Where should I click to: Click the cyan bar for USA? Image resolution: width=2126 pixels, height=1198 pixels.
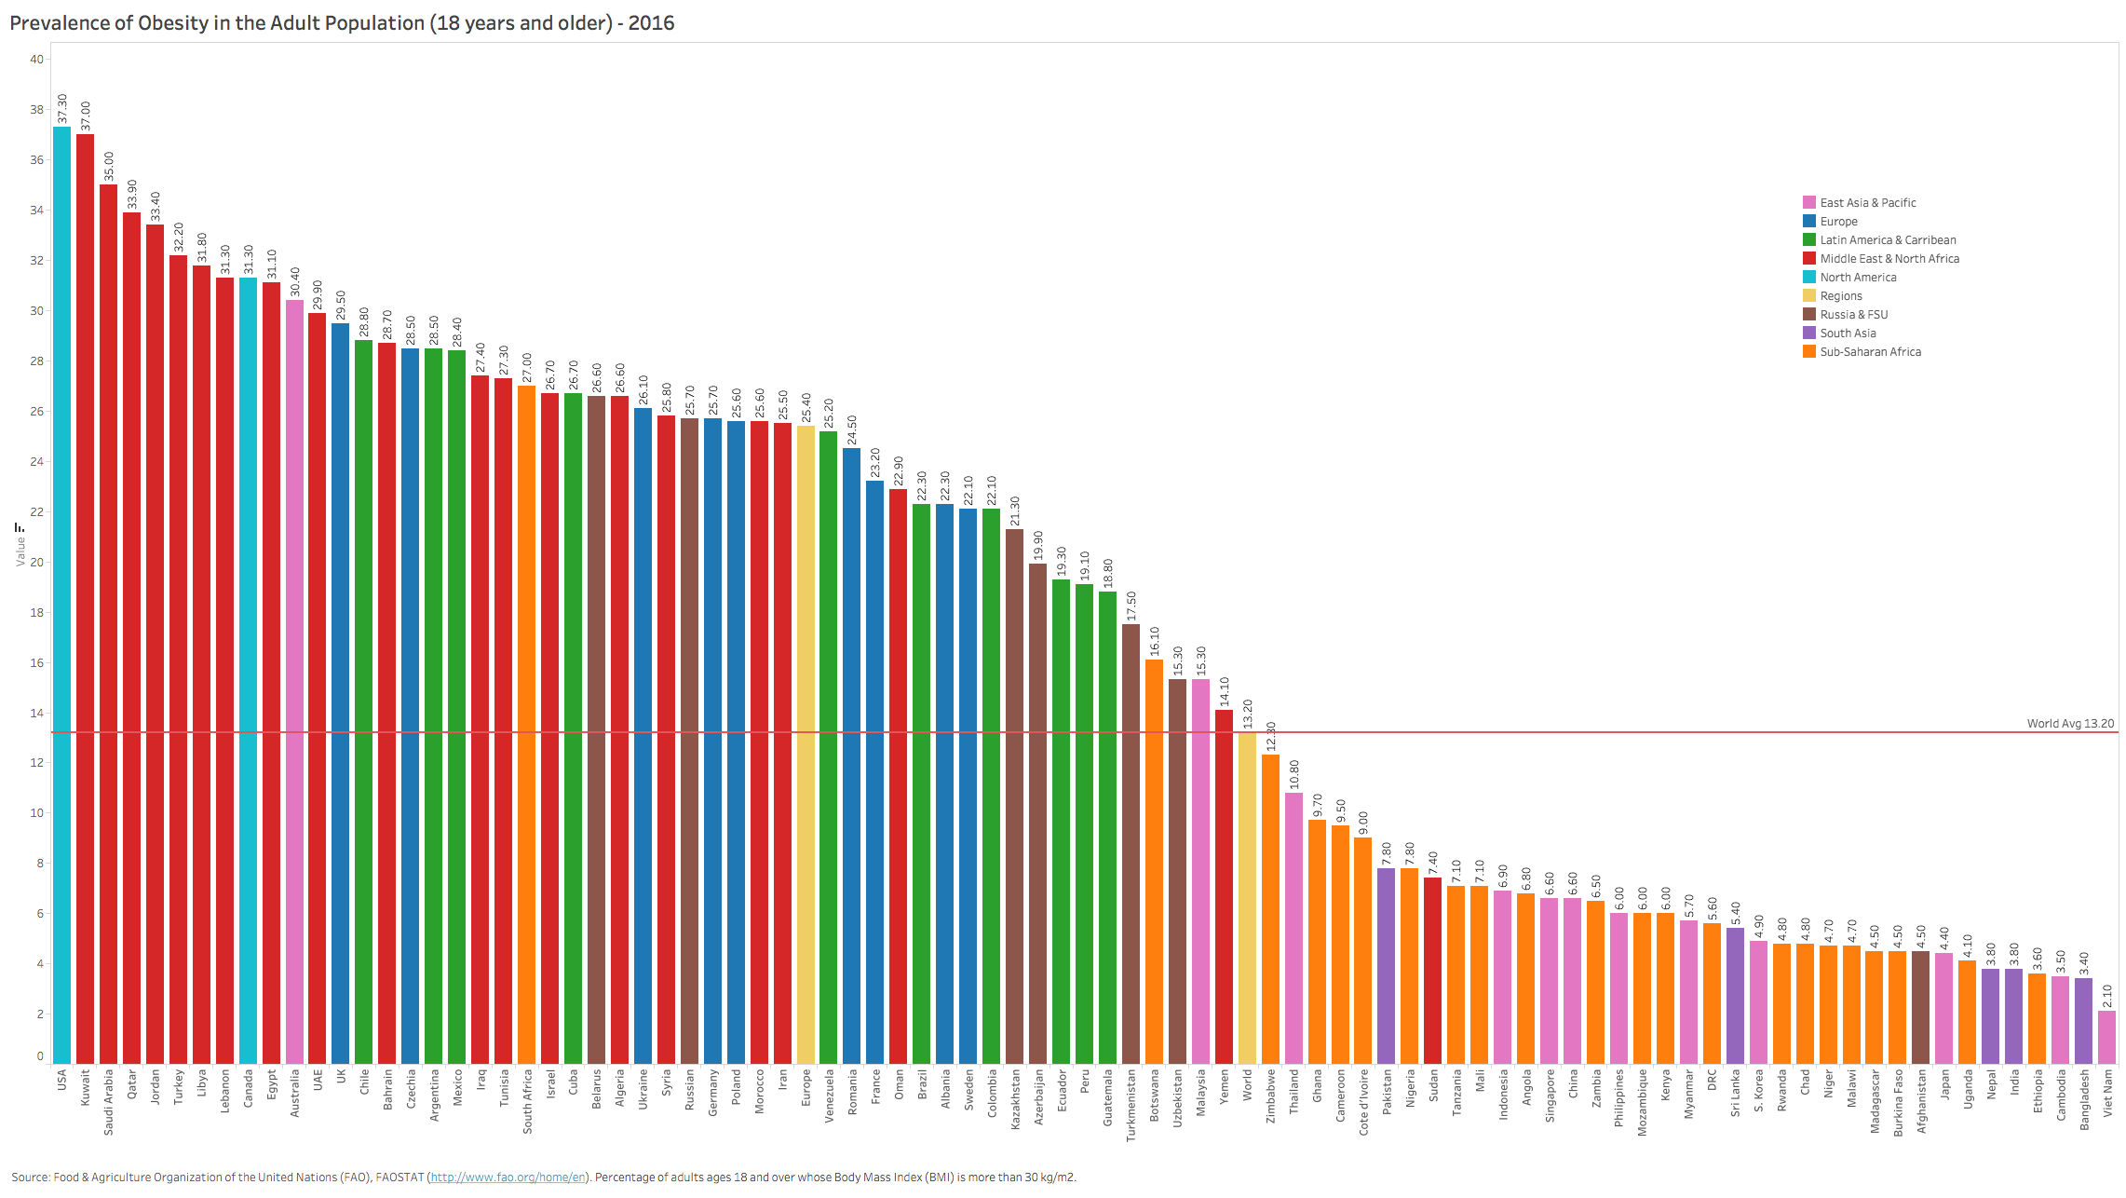click(x=61, y=596)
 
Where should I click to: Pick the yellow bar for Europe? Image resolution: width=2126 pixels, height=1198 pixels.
click(x=806, y=745)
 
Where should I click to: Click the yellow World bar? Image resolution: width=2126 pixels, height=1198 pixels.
click(x=1247, y=898)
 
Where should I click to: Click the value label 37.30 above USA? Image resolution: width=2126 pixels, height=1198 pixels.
click(x=62, y=108)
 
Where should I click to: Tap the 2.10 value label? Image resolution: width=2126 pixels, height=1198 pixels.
click(x=2106, y=996)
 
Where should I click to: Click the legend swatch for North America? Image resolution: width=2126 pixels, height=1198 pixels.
click(x=1808, y=277)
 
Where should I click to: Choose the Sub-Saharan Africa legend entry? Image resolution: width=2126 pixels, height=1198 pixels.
click(x=1870, y=351)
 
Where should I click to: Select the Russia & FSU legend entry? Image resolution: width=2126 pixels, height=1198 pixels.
click(x=1853, y=314)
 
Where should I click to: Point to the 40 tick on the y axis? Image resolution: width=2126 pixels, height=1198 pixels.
click(x=37, y=60)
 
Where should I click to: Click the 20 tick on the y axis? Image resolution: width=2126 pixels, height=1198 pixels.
click(x=37, y=562)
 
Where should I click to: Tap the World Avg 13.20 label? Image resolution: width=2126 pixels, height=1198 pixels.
click(x=2070, y=723)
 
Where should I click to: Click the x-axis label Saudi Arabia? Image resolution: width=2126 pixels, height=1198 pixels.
click(x=108, y=1101)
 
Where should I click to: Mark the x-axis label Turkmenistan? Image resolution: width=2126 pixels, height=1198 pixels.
click(x=1131, y=1105)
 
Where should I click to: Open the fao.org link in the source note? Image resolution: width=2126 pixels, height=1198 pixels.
click(x=508, y=1178)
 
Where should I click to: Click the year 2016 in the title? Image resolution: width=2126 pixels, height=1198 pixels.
click(x=651, y=22)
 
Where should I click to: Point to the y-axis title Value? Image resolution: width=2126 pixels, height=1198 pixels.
click(x=20, y=551)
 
